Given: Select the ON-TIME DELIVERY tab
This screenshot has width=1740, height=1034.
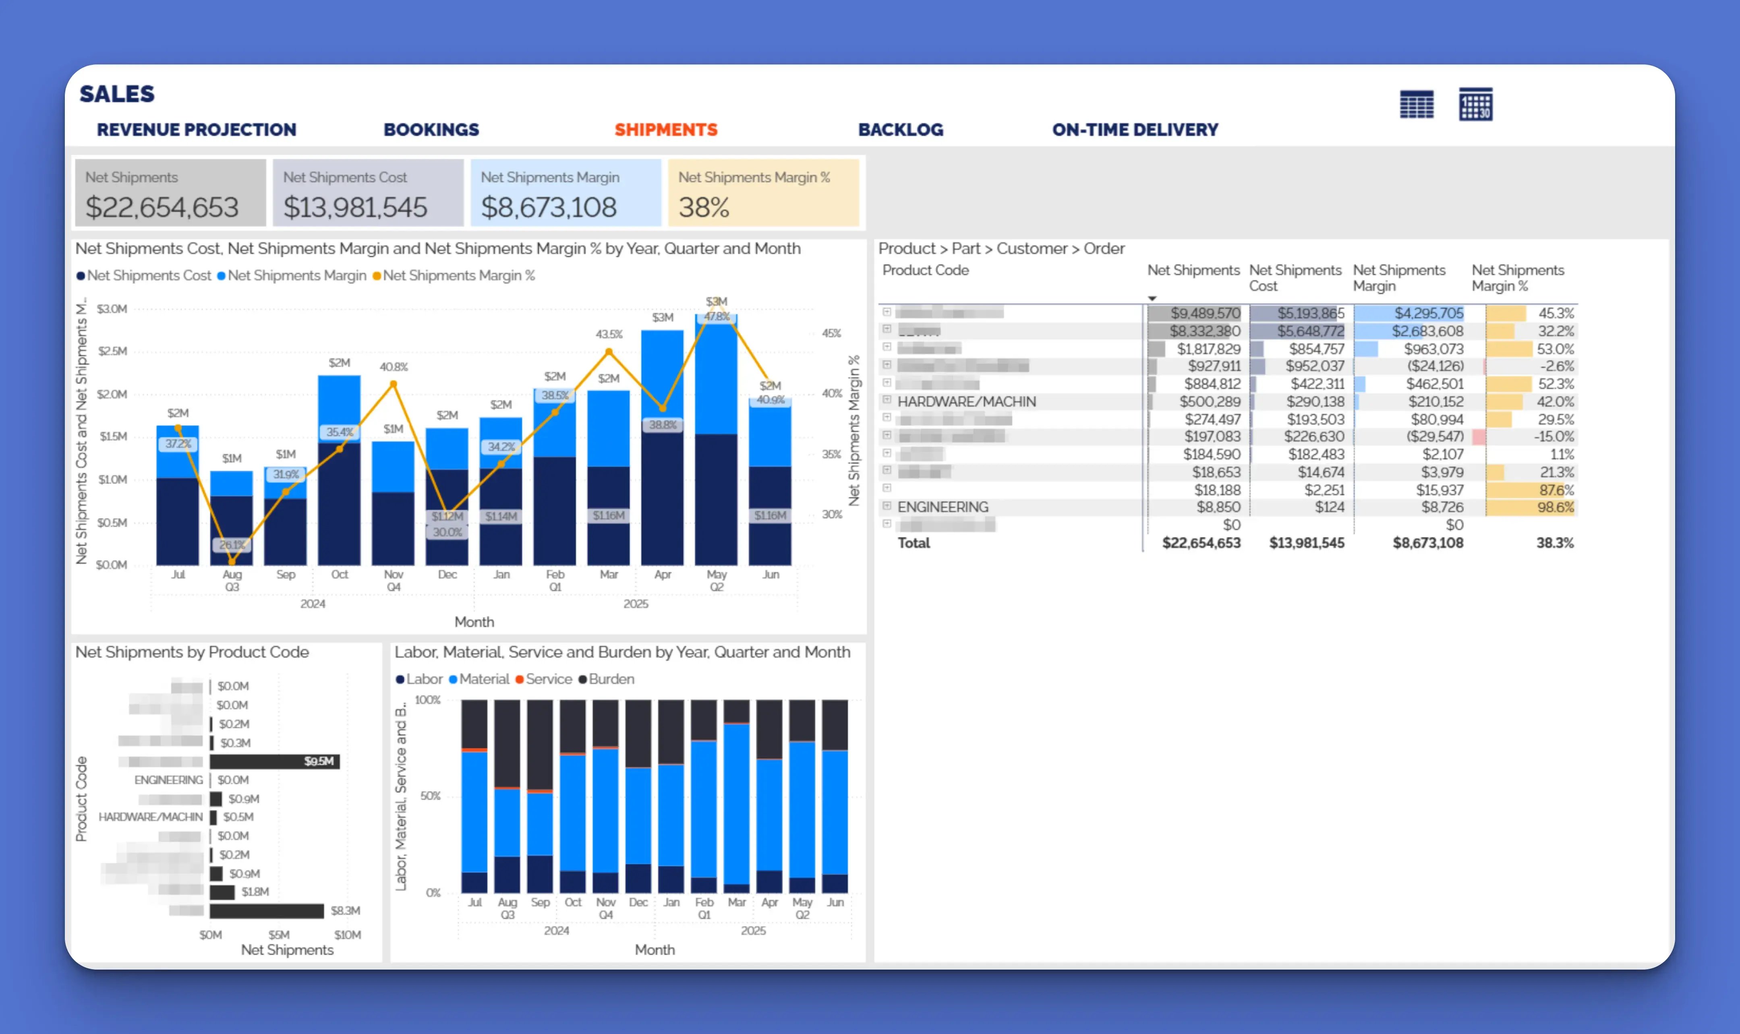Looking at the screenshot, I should (x=1135, y=130).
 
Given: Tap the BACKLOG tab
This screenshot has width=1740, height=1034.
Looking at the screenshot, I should (x=900, y=130).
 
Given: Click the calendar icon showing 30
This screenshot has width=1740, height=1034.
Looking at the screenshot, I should (x=1475, y=105).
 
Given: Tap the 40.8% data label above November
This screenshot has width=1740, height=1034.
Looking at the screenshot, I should (x=394, y=367).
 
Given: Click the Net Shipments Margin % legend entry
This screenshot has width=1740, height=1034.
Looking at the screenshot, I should (x=458, y=276).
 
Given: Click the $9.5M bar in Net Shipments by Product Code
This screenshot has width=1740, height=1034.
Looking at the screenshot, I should (x=275, y=761).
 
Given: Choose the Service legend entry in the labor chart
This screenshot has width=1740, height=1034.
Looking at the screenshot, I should (x=548, y=679).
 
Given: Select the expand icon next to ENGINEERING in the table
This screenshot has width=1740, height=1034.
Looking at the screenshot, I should (x=887, y=506).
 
